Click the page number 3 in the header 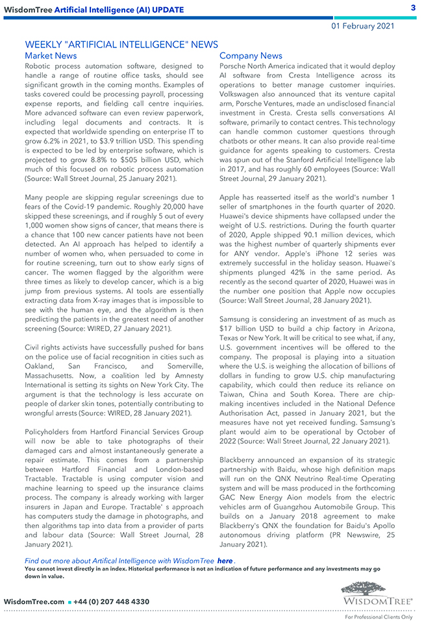[413, 7]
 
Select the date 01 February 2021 [363, 26]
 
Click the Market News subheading [51, 56]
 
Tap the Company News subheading [251, 56]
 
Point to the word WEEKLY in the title [43, 44]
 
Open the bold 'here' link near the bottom [225, 561]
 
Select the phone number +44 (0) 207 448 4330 [113, 602]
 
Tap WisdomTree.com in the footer [34, 602]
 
